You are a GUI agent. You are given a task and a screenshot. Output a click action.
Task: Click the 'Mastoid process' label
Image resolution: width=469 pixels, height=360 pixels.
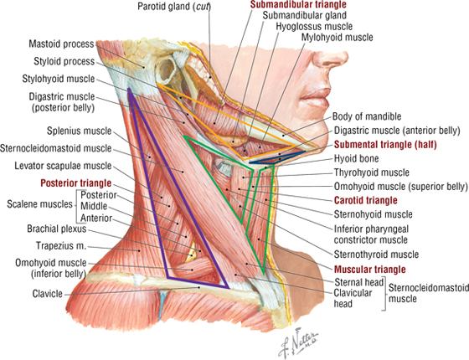tap(62, 44)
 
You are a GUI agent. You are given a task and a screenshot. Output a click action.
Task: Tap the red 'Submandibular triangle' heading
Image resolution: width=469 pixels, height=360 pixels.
tap(298, 4)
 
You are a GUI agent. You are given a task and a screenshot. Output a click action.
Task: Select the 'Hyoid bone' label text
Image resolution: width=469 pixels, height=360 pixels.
tap(356, 158)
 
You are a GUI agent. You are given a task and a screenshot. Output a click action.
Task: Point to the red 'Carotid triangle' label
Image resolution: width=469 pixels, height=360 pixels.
tap(365, 200)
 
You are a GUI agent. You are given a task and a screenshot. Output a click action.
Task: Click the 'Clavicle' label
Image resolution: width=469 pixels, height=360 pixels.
tap(48, 294)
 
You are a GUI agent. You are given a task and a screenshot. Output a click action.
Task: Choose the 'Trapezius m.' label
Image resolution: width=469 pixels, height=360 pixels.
tap(61, 246)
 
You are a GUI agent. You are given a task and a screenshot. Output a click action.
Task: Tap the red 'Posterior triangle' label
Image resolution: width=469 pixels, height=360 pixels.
tap(76, 183)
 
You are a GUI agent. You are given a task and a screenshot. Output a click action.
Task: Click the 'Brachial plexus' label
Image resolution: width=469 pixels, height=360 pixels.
tap(57, 229)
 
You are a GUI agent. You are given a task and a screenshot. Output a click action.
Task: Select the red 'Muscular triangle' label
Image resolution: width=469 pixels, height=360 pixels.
tap(369, 270)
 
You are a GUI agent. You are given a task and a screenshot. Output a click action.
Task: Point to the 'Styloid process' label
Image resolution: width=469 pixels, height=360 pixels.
tap(64, 61)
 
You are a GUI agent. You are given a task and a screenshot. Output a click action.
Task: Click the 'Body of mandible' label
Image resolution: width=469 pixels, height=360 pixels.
tap(367, 116)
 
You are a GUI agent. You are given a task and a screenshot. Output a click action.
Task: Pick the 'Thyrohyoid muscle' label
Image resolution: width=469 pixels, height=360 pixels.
tap(372, 172)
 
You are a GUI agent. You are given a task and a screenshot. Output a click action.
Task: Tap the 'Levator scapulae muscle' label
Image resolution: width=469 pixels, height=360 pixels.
tap(63, 166)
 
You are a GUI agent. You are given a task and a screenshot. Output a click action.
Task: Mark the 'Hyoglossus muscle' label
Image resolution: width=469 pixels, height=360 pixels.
tap(314, 27)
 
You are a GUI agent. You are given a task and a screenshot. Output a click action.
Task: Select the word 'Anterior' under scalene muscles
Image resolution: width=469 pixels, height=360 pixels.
tap(96, 218)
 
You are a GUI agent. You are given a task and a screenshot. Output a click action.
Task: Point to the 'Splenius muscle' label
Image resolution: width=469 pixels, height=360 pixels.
tap(80, 131)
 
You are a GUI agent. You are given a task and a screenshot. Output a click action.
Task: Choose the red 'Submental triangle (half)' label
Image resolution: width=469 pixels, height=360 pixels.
tap(385, 145)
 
